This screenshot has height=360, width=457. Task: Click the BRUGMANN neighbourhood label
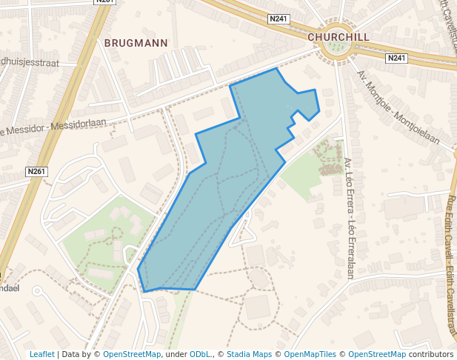click(x=136, y=43)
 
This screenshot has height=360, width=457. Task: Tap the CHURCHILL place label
click(x=338, y=36)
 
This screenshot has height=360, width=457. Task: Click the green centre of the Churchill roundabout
click(x=336, y=49)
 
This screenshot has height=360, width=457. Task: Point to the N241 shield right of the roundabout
click(x=396, y=58)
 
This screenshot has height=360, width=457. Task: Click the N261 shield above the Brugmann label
click(x=105, y=2)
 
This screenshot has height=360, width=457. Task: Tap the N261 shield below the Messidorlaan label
click(x=36, y=172)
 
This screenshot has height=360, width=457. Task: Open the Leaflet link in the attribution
click(x=41, y=354)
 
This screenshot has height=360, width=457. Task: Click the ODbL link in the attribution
click(x=200, y=354)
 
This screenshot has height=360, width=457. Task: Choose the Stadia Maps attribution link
click(x=249, y=354)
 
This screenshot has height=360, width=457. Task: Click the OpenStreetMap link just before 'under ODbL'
click(x=132, y=354)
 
